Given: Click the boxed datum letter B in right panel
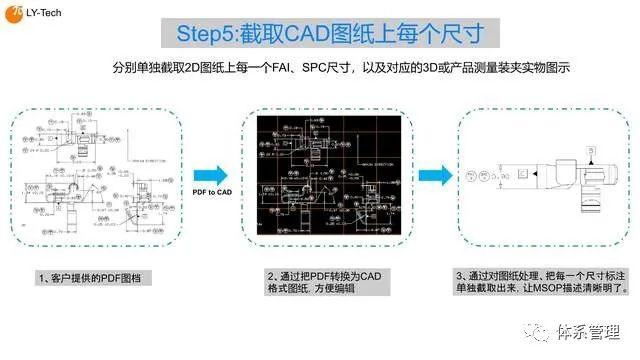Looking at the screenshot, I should click(x=590, y=149).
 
